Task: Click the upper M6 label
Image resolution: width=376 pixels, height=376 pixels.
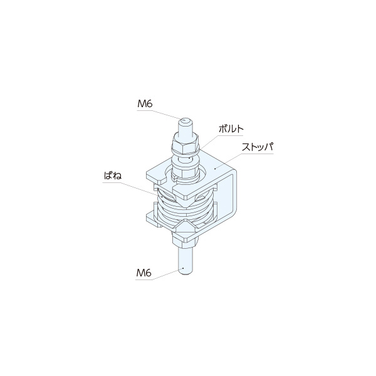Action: point(145,104)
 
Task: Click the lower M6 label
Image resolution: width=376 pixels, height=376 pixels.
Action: point(144,273)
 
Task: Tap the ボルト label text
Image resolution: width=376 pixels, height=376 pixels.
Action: point(231,129)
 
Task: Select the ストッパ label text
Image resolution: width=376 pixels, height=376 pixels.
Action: point(258,147)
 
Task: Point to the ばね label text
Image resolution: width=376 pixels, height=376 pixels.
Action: point(113,175)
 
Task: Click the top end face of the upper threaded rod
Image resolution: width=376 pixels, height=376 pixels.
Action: point(185,120)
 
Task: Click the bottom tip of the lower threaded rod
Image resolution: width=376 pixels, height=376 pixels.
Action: point(185,273)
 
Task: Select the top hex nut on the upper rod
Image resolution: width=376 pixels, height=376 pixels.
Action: point(185,144)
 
